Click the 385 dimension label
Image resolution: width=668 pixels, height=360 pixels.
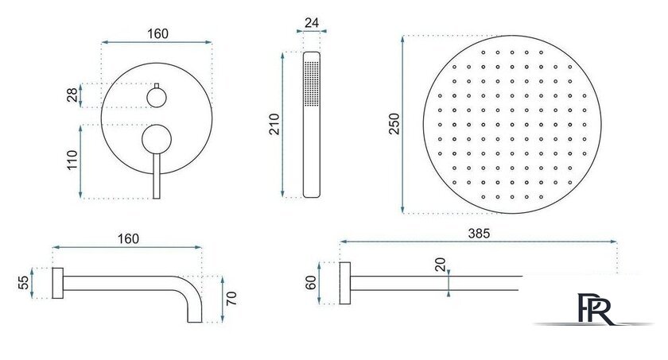(479, 233)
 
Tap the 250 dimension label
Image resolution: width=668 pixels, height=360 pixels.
(394, 124)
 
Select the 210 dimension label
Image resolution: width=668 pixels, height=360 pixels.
(274, 124)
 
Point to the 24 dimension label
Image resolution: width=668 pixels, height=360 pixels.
(312, 22)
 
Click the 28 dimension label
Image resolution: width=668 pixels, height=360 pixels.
(72, 95)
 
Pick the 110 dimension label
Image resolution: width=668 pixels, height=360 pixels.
(72, 160)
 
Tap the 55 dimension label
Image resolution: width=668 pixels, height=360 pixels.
(24, 283)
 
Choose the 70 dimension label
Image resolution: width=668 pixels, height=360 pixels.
(231, 299)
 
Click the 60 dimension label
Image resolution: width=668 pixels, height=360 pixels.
(311, 283)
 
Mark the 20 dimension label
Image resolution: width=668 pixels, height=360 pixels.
(440, 265)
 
